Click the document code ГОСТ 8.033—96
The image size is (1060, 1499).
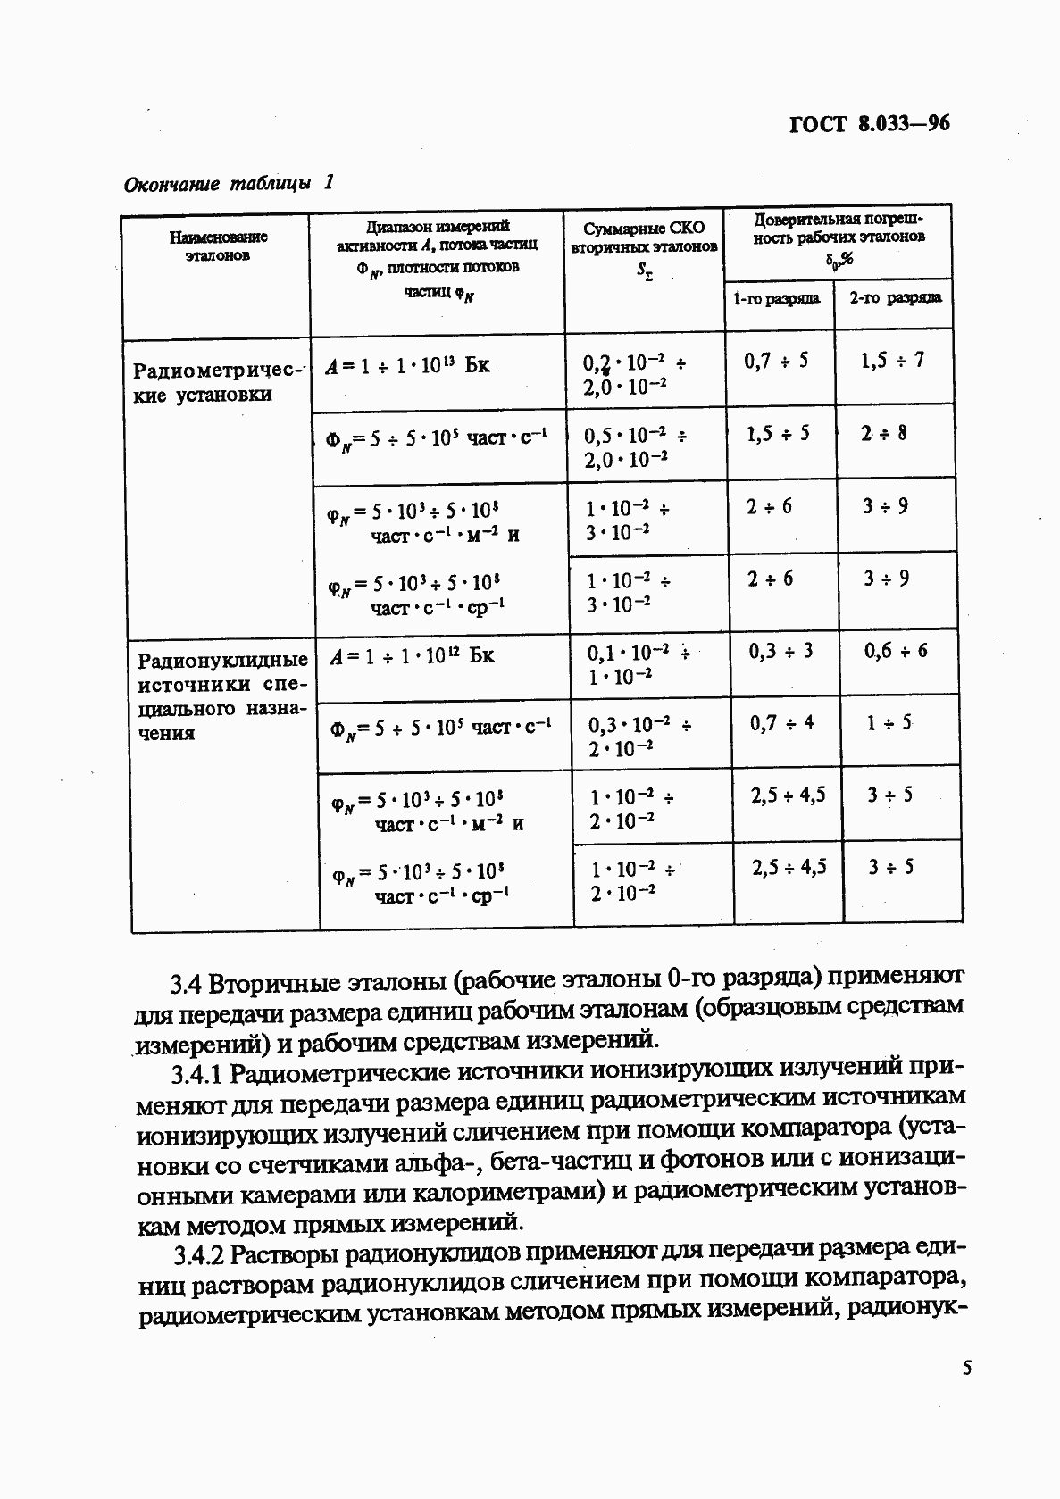870,123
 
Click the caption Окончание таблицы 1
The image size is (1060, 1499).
229,184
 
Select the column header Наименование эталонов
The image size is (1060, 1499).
218,246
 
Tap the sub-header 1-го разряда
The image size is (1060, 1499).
776,298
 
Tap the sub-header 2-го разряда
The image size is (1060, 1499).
894,297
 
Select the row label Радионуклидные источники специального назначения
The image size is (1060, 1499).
222,695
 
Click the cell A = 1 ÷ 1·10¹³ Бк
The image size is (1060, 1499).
407,365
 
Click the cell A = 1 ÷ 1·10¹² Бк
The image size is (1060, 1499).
411,656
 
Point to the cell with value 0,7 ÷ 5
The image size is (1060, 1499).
776,361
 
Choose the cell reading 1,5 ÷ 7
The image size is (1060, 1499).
892,360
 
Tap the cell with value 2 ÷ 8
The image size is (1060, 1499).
884,433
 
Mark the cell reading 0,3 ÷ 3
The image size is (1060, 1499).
780,651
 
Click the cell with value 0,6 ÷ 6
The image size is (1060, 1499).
895,651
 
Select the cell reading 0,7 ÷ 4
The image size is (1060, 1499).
781,722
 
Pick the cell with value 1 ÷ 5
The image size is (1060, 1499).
889,722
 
